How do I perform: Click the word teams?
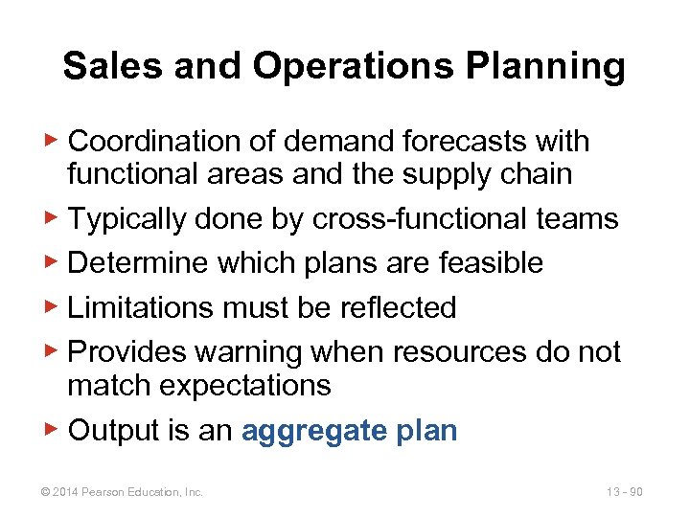click(576, 219)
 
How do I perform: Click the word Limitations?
click(140, 307)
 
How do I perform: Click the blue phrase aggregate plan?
click(350, 431)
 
